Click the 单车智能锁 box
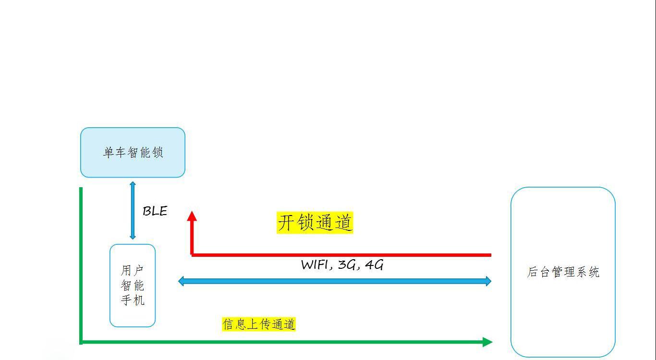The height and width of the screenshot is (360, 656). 133,153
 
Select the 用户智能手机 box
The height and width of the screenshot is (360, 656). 133,286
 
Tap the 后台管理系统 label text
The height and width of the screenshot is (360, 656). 563,272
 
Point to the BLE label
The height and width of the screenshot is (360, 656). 155,211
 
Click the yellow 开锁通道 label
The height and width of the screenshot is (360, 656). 315,223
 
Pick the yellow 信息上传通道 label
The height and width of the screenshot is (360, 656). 258,324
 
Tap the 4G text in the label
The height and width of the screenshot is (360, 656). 374,265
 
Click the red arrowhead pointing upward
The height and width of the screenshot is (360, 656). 192,216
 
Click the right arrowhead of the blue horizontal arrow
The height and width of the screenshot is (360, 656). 488,281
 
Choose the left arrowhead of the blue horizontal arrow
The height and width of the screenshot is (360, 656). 182,281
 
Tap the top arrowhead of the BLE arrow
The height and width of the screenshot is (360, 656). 133,184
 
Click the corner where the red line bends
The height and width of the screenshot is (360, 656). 192,255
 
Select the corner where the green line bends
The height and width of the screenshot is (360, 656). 81,342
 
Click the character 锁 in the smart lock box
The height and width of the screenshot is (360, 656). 158,153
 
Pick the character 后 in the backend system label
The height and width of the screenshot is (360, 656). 533,272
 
